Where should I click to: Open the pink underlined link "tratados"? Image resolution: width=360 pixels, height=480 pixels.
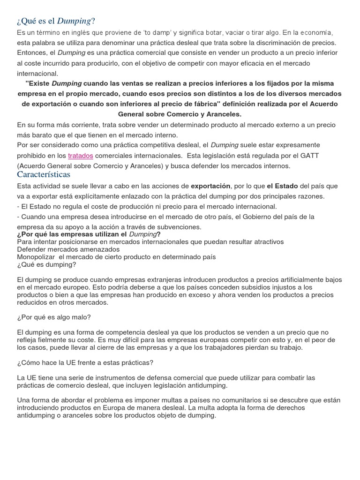[81, 155]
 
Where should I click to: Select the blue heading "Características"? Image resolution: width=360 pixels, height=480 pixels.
[43, 174]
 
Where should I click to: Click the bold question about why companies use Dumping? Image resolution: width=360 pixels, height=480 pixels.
[88, 234]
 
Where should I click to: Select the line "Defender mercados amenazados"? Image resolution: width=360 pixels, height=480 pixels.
[68, 249]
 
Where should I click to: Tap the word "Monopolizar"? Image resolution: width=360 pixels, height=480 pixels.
[37, 257]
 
